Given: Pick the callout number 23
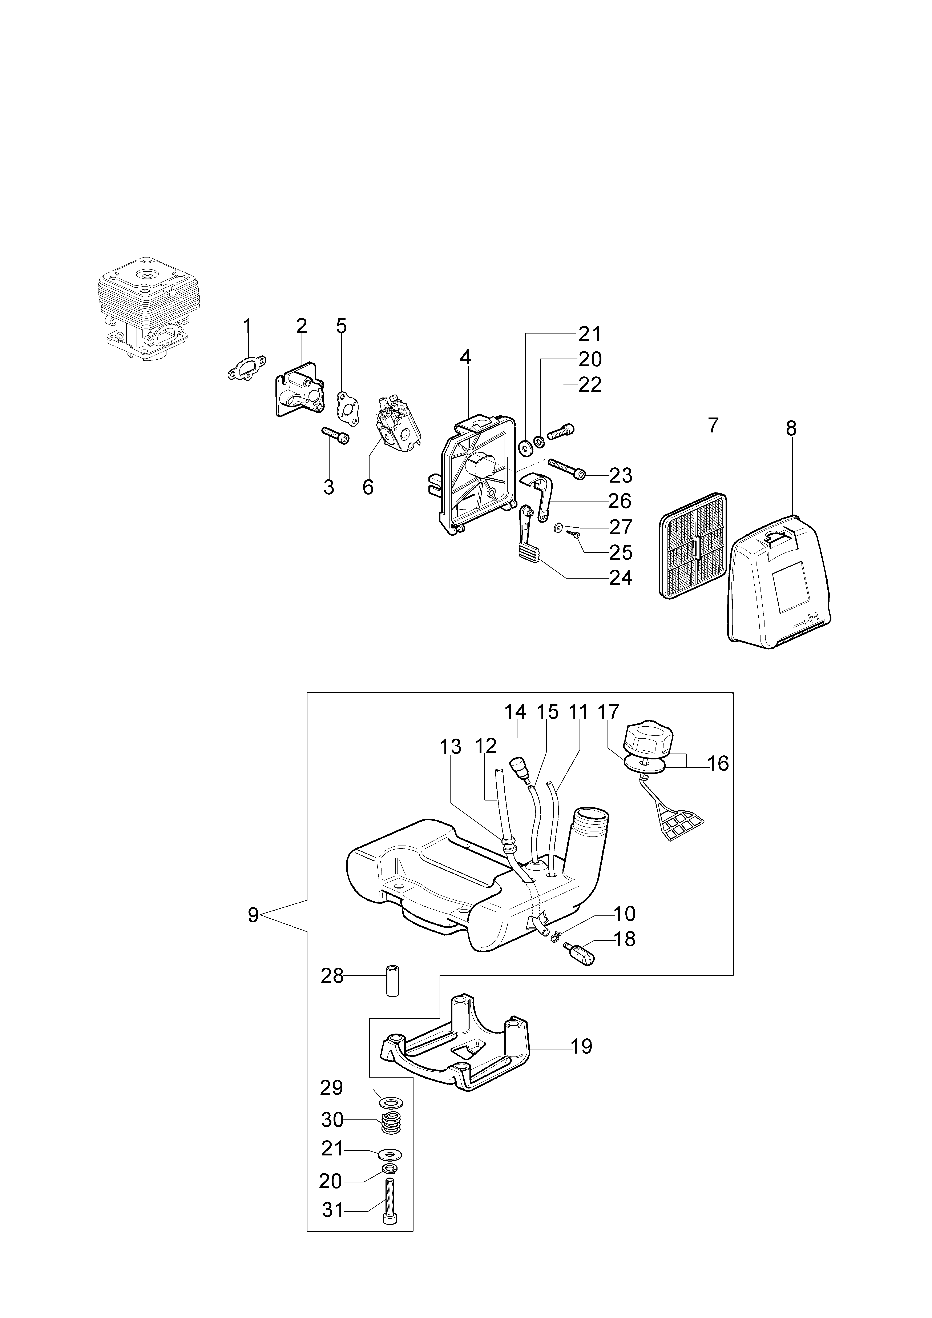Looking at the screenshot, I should point(620,475).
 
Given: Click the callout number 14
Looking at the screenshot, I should point(515,712).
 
